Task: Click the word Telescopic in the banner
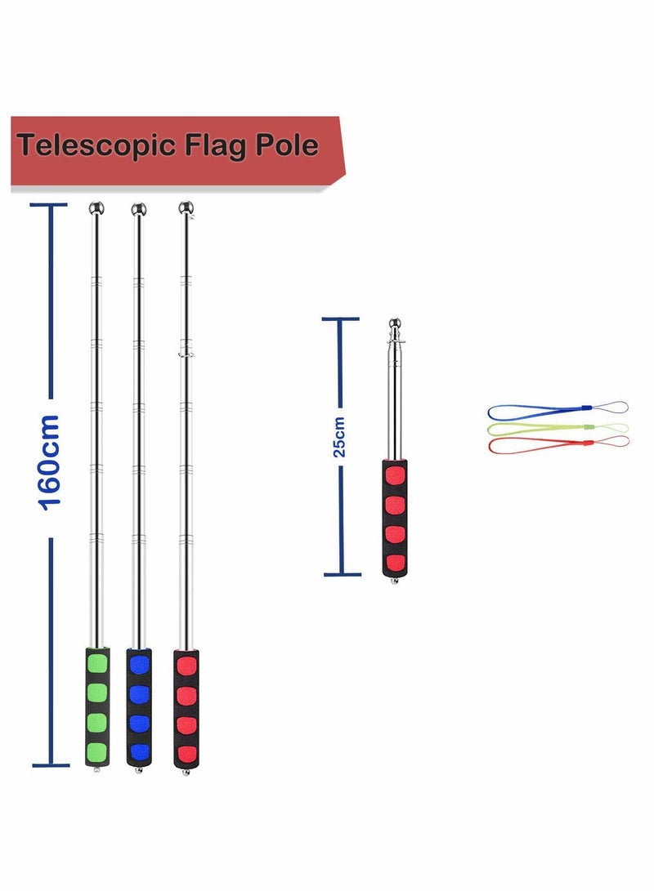click(x=96, y=145)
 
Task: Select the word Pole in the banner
click(x=287, y=145)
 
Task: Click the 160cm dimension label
click(x=49, y=462)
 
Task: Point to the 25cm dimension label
click(x=339, y=437)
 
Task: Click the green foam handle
click(x=97, y=706)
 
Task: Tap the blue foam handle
click(x=139, y=707)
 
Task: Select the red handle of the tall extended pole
click(x=186, y=709)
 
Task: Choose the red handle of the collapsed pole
click(x=395, y=519)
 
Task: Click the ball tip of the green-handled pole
click(x=96, y=208)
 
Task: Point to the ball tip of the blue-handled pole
click(x=139, y=209)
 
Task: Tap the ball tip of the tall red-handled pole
click(x=186, y=207)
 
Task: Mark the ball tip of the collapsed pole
click(x=395, y=324)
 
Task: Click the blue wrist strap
click(x=558, y=409)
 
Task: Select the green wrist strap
click(x=558, y=428)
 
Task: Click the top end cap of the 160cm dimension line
click(x=49, y=204)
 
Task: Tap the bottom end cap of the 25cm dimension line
click(x=343, y=574)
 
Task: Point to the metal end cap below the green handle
click(x=97, y=769)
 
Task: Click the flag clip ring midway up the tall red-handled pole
click(x=186, y=354)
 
